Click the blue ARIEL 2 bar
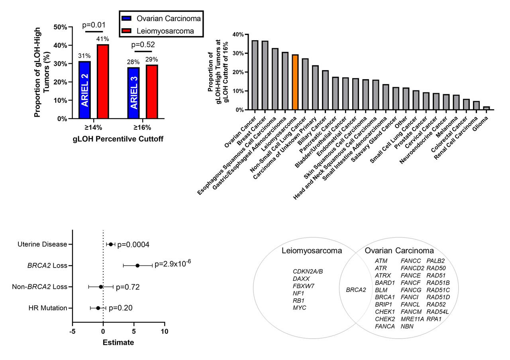click(84, 90)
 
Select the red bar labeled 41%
click(103, 82)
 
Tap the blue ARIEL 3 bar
click(133, 93)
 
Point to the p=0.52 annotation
click(143, 45)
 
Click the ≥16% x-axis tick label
click(142, 128)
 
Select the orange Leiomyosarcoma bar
click(295, 82)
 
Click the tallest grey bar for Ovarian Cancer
click(255, 75)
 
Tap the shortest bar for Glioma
click(486, 108)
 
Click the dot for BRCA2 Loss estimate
click(137, 266)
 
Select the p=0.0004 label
click(133, 245)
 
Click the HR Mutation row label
click(47, 308)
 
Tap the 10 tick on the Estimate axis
click(164, 331)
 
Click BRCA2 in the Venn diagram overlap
click(356, 290)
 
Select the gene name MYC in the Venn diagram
click(299, 308)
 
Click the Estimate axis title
click(118, 342)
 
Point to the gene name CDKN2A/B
click(308, 272)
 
